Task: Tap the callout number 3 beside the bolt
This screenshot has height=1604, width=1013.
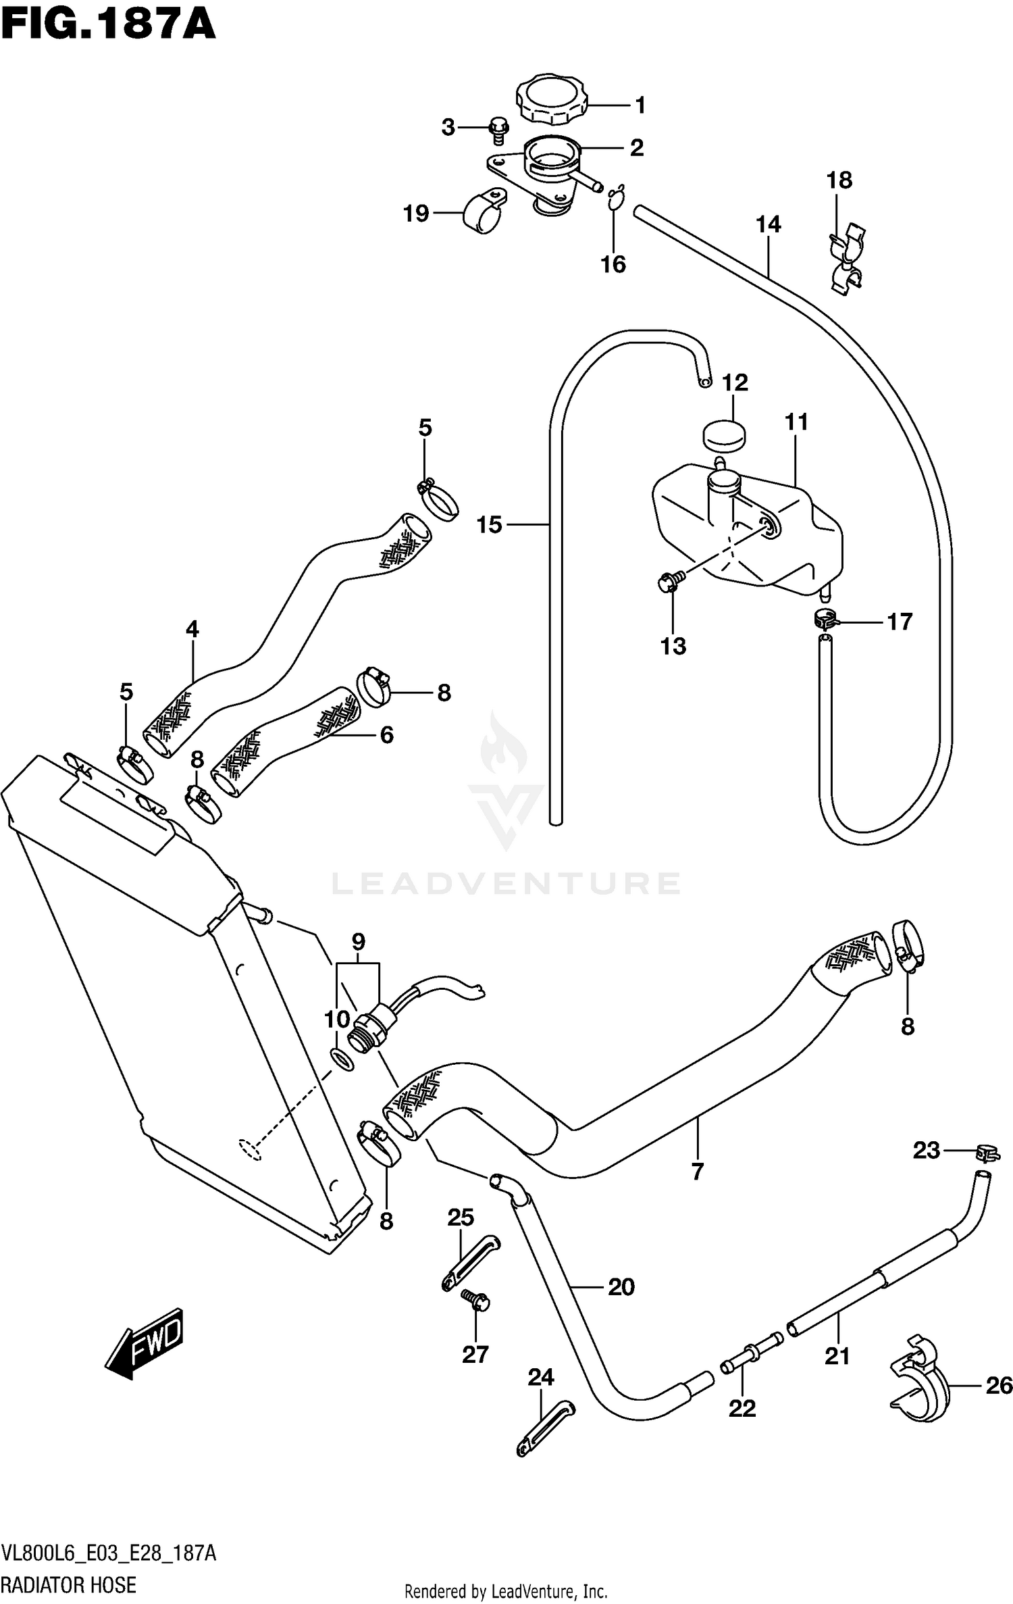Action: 448,127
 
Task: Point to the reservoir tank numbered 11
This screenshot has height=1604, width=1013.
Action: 750,534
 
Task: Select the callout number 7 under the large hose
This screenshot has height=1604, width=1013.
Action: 697,1171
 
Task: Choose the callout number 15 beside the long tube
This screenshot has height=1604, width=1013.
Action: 490,524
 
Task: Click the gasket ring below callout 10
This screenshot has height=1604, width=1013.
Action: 342,1059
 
